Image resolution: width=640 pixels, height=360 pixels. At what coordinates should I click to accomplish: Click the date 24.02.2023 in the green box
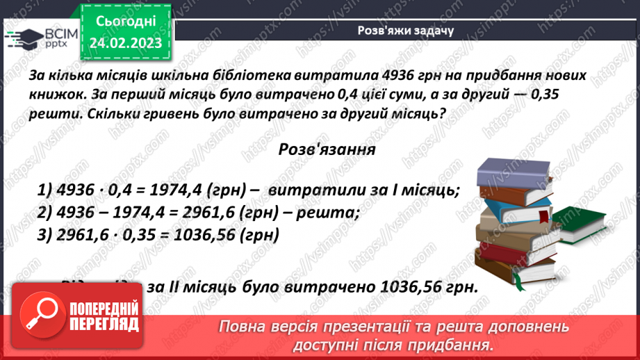pyautogui.click(x=125, y=43)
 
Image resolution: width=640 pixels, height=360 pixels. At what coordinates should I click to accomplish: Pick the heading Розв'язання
pyautogui.click(x=327, y=149)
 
